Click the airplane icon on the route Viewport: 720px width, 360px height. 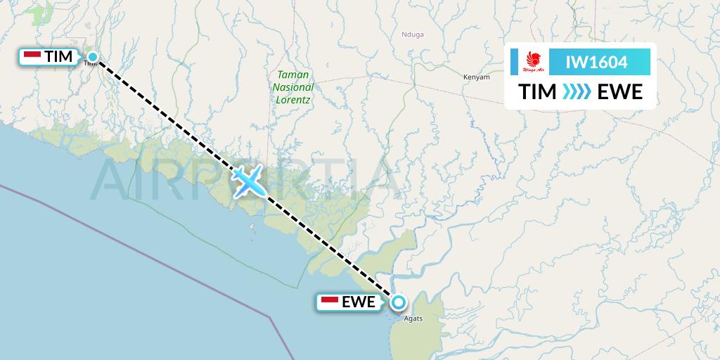pyautogui.click(x=247, y=181)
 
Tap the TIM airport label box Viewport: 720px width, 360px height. pyautogui.click(x=49, y=57)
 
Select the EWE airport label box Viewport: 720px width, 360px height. pyautogui.click(x=348, y=302)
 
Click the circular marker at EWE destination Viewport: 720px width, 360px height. pyautogui.click(x=399, y=302)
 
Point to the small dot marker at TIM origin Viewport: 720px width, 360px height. pyautogui.click(x=92, y=57)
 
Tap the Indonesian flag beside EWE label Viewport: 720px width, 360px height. pyautogui.click(x=329, y=302)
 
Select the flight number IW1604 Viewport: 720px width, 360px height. pyautogui.click(x=597, y=63)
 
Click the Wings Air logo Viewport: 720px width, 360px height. pyautogui.click(x=532, y=62)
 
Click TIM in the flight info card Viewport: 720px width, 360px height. pyautogui.click(x=536, y=92)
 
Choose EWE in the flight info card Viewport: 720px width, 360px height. pyautogui.click(x=619, y=92)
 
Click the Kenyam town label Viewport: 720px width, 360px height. pyautogui.click(x=477, y=77)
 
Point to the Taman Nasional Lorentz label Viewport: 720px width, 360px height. pyautogui.click(x=294, y=86)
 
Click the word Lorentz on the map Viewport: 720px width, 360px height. pyautogui.click(x=294, y=99)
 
